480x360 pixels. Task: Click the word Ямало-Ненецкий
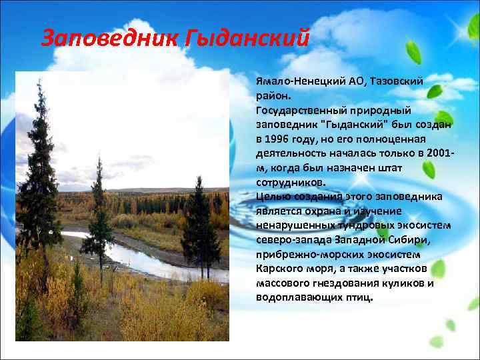(x=299, y=81)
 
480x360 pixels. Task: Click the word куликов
(x=405, y=282)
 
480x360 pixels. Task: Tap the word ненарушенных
(x=295, y=225)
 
